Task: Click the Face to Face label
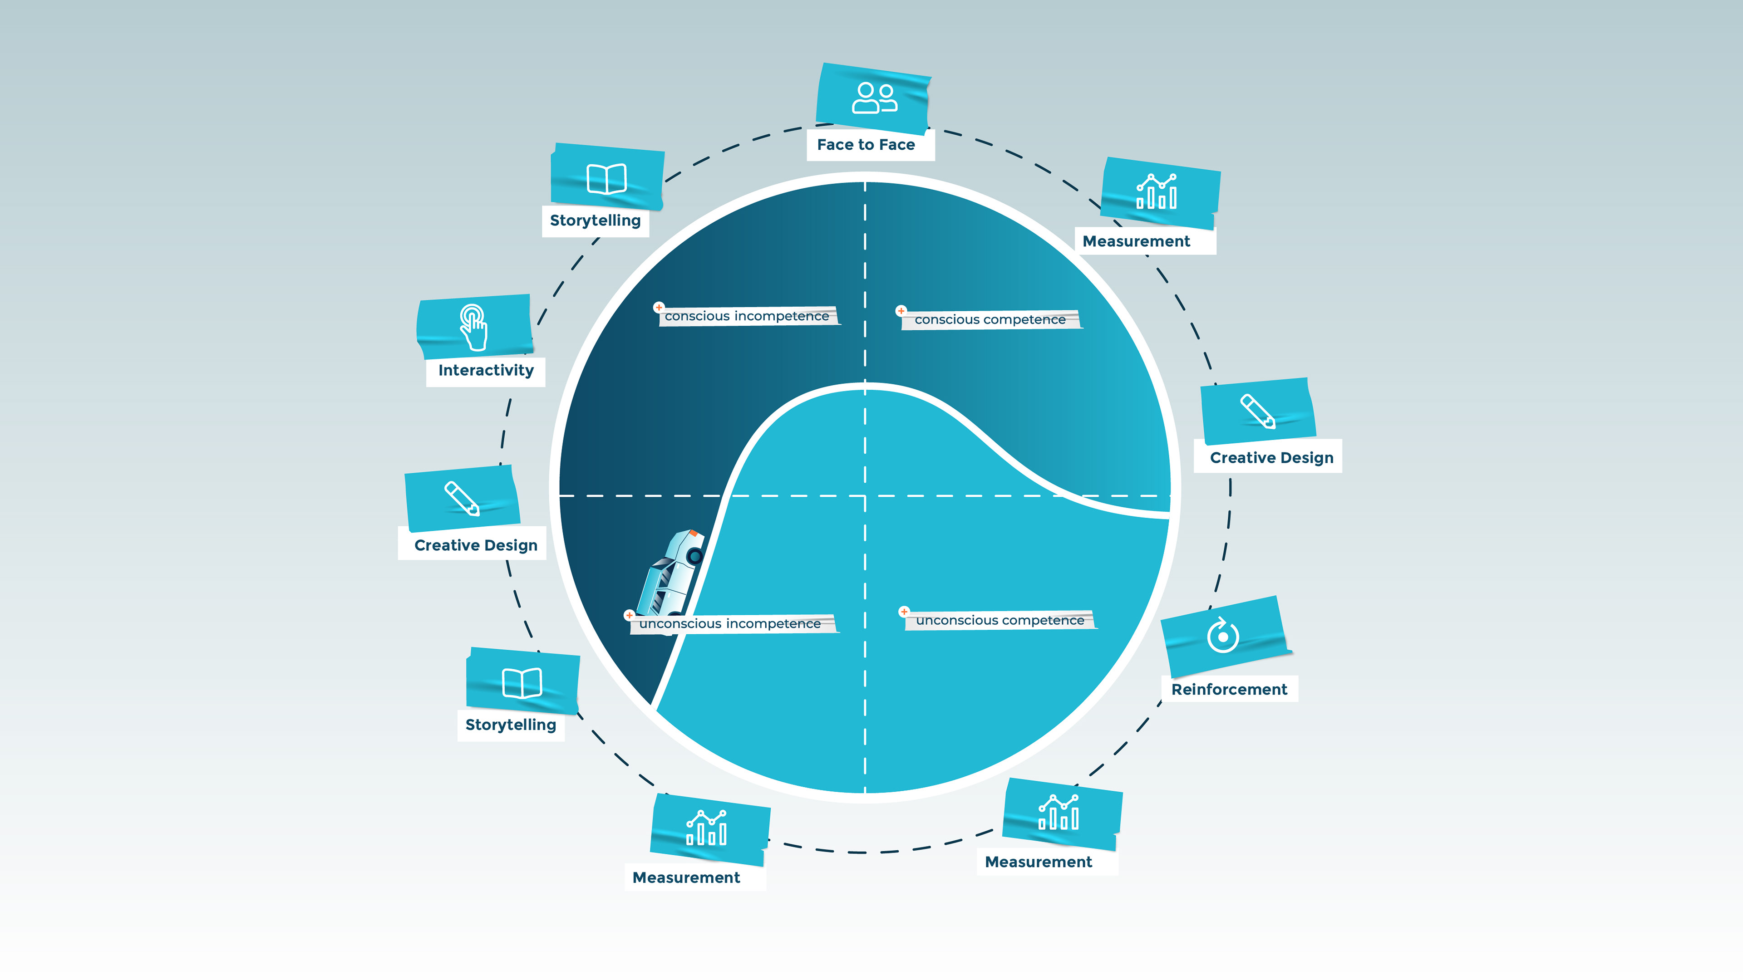pos(866,145)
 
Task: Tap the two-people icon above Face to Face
pos(874,98)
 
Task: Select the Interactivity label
pos(486,370)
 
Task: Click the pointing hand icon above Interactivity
pos(473,327)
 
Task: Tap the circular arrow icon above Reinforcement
pos(1223,635)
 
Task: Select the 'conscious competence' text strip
pos(990,319)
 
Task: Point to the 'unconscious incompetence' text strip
pos(731,623)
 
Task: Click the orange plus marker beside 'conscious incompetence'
pos(658,307)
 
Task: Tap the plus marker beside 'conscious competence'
pos(901,310)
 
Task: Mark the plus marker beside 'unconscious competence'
pos(903,612)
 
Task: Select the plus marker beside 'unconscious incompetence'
pos(629,615)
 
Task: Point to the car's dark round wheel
pos(694,557)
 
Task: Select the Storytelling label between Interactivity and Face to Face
pos(596,220)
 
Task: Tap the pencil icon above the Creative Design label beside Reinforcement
pos(1258,411)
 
